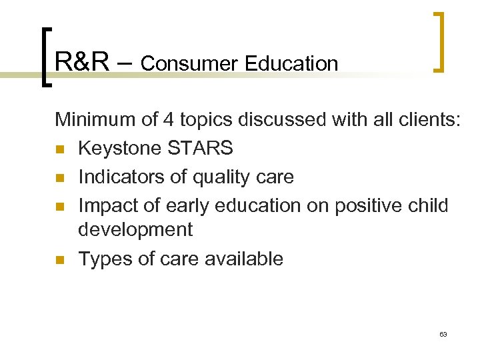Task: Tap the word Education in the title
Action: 291,64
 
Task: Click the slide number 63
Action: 443,334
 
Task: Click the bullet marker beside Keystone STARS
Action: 59,149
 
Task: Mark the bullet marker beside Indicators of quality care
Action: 59,177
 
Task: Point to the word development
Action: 135,230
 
